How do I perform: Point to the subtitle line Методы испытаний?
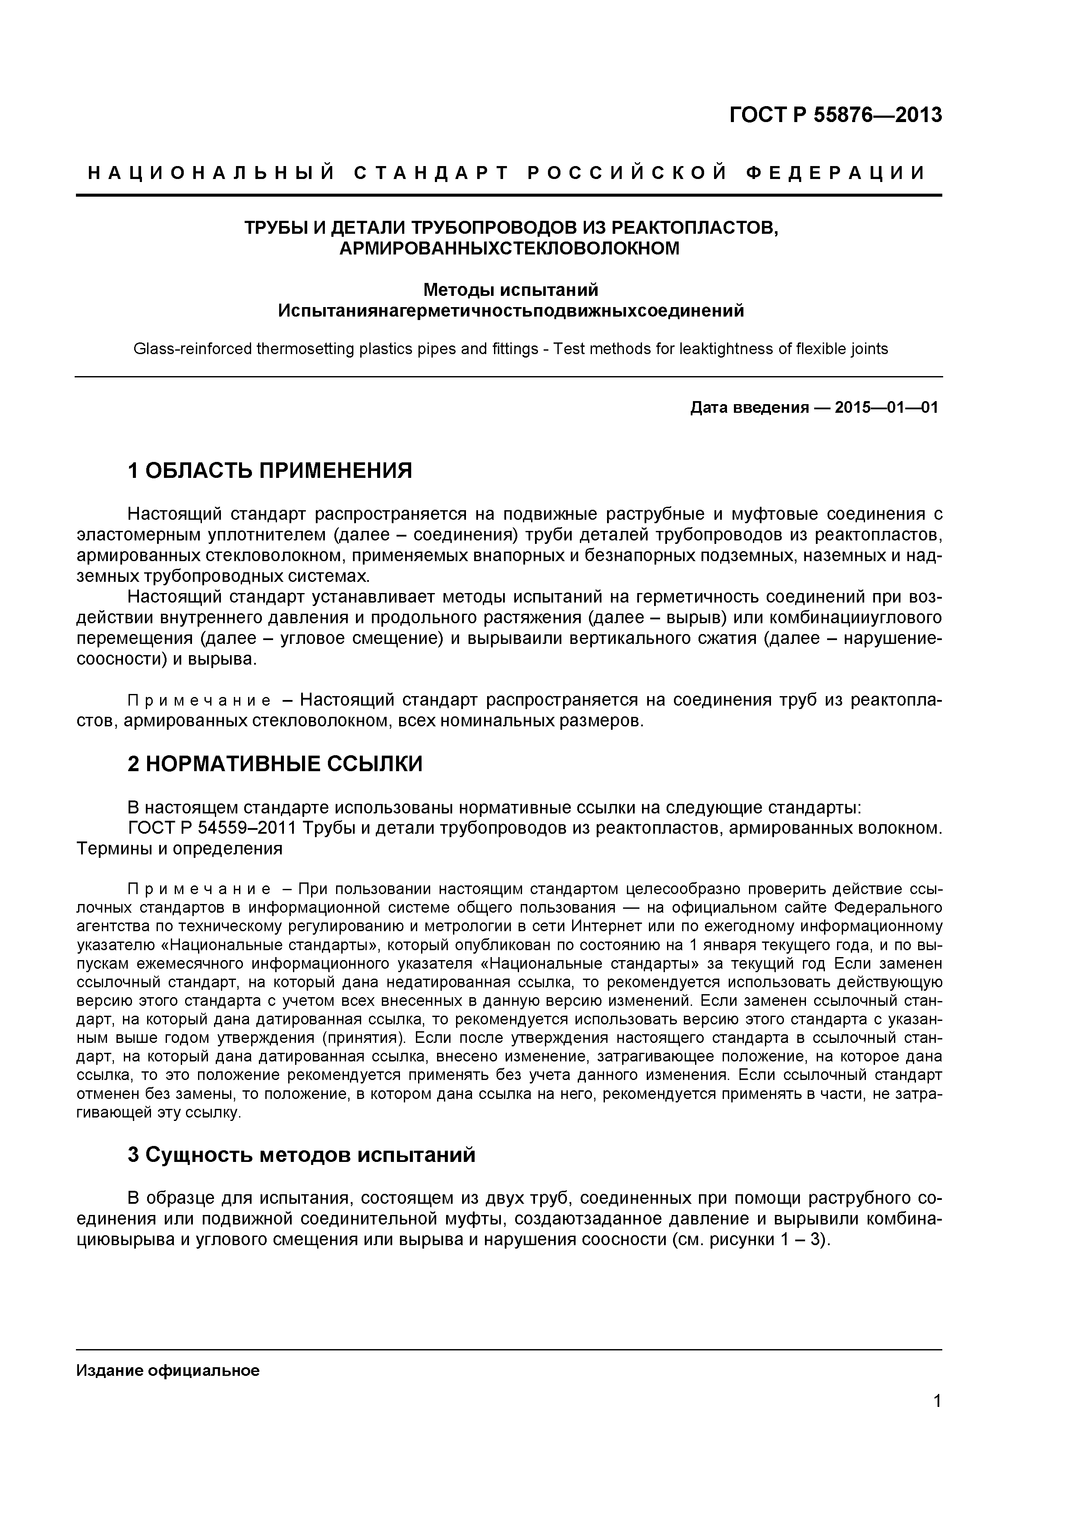tap(510, 289)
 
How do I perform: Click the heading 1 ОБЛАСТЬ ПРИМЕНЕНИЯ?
tap(270, 471)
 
